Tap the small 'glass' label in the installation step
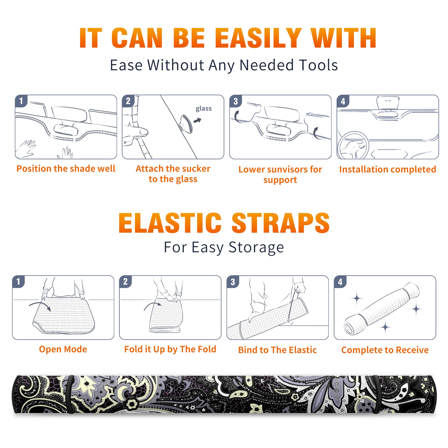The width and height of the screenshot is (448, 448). click(x=204, y=109)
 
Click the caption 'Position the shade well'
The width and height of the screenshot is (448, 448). click(x=66, y=169)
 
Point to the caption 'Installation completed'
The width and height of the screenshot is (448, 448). click(x=388, y=169)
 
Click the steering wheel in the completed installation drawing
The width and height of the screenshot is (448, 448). click(x=353, y=146)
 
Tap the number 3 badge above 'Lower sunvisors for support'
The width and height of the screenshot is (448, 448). click(x=235, y=101)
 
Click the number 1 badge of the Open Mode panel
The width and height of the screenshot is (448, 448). click(x=18, y=281)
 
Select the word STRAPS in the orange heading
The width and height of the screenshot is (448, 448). click(x=281, y=223)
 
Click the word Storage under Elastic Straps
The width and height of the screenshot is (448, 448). click(x=256, y=248)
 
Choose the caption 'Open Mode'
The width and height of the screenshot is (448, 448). click(x=63, y=349)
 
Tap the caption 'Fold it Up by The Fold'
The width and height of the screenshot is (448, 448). click(x=170, y=349)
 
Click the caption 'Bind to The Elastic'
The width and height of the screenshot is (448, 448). click(x=277, y=350)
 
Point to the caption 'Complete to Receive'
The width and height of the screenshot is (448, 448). click(x=385, y=350)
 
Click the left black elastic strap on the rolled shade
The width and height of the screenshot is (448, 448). click(x=71, y=395)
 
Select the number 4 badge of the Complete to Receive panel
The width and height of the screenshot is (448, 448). click(x=340, y=282)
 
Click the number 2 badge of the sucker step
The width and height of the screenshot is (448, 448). click(x=128, y=101)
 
